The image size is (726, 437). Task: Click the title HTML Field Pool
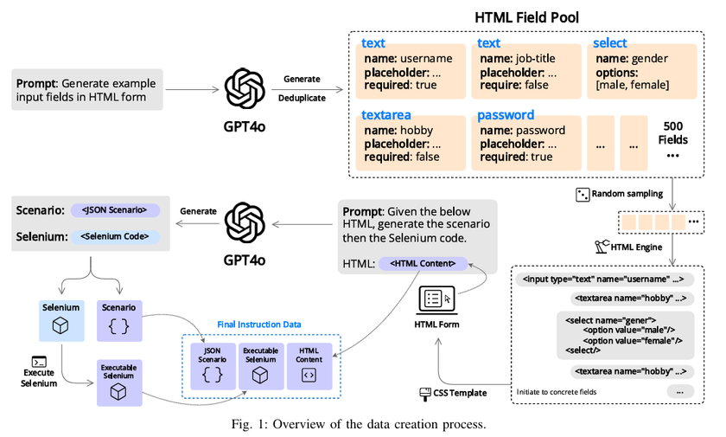(526, 16)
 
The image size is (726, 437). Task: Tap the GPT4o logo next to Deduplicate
(244, 87)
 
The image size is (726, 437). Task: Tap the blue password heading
(506, 115)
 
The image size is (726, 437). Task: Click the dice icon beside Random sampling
(583, 194)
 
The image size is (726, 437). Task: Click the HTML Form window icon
(438, 299)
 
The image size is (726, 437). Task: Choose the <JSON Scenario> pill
(114, 210)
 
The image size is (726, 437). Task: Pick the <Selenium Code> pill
(114, 236)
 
